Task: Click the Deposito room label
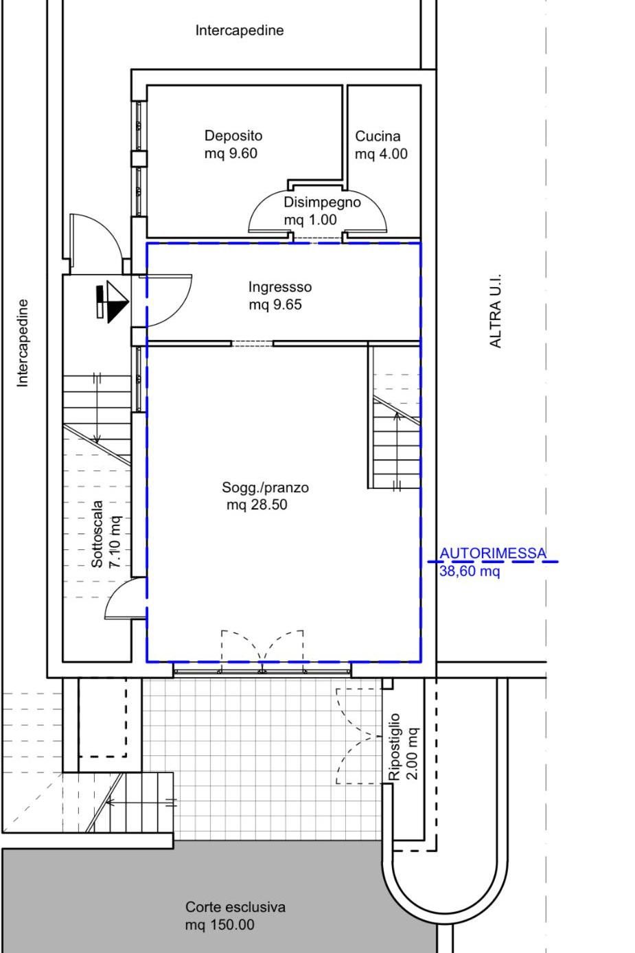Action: click(x=233, y=136)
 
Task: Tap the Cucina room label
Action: click(x=378, y=136)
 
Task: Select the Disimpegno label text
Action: click(x=322, y=203)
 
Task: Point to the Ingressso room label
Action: click(x=280, y=287)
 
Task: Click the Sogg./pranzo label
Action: click(x=265, y=487)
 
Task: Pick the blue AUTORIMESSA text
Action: click(x=493, y=553)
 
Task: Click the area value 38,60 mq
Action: click(x=470, y=571)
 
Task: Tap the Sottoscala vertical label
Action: click(x=97, y=534)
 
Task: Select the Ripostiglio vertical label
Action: click(x=394, y=747)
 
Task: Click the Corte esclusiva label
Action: click(x=235, y=907)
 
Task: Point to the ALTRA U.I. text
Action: click(x=496, y=311)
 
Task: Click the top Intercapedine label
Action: click(x=240, y=30)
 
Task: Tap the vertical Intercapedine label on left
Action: click(x=22, y=343)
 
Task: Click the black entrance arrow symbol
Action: click(x=113, y=301)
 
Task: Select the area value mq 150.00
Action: click(x=220, y=925)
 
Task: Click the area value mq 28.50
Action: click(x=257, y=505)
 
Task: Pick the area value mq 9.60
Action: click(x=231, y=154)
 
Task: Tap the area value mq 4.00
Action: click(x=382, y=154)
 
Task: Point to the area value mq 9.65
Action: click(x=275, y=305)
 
